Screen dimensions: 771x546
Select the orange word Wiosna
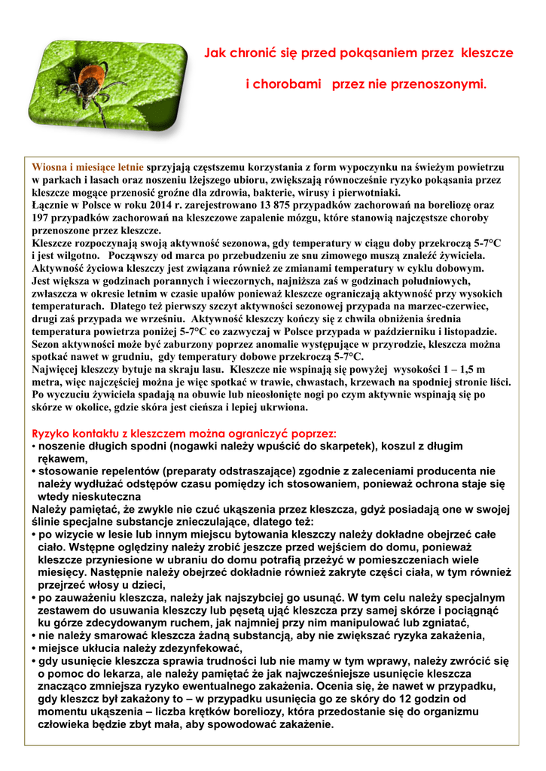[x=48, y=167]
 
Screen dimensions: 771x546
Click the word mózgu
[x=302, y=218]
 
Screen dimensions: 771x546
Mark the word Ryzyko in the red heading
[x=50, y=434]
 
